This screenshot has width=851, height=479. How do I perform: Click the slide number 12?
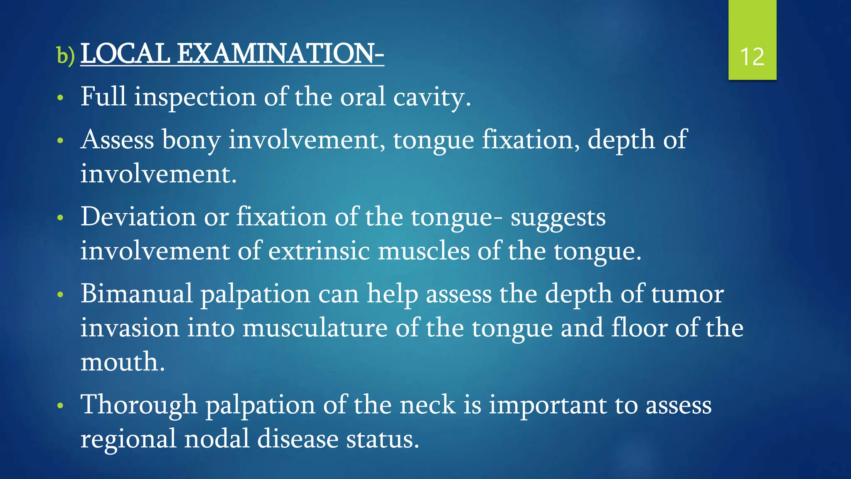click(752, 57)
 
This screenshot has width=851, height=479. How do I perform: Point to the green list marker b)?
click(66, 56)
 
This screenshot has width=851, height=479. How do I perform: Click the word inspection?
click(195, 97)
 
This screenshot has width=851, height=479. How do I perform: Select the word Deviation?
click(138, 217)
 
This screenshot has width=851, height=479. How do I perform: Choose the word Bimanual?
click(137, 294)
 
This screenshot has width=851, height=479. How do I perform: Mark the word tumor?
click(687, 294)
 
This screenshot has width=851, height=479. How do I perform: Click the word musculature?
click(315, 328)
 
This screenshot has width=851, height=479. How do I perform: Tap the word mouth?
click(123, 362)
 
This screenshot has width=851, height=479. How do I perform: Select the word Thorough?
click(139, 405)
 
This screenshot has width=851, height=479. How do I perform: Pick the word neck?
click(427, 405)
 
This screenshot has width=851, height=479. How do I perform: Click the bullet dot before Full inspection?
click(61, 98)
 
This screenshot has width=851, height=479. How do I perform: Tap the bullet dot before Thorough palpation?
click(61, 405)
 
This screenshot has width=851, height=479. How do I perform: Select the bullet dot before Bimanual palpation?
click(61, 294)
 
